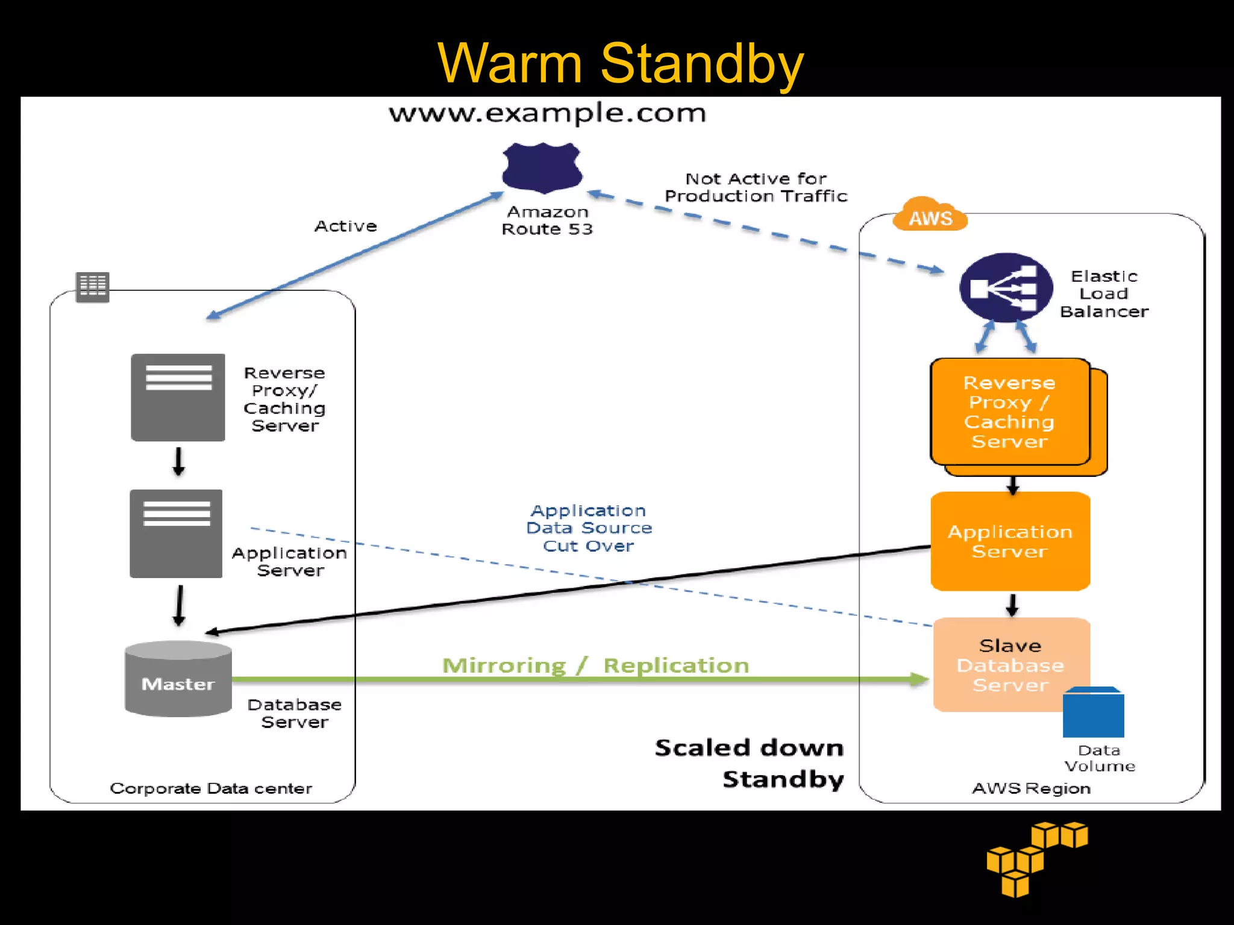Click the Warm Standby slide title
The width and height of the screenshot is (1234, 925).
pos(621,63)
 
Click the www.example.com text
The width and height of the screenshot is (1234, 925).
pos(547,113)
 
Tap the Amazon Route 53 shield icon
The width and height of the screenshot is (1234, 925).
pos(542,168)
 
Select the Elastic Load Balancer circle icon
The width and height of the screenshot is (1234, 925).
pos(1005,288)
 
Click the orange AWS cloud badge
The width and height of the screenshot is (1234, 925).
pos(930,216)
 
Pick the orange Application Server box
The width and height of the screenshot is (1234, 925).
pos(1010,541)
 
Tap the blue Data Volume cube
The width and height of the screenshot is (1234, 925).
pos(1093,713)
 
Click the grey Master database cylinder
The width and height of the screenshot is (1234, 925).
pos(178,679)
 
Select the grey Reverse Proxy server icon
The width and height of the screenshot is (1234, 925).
pos(178,397)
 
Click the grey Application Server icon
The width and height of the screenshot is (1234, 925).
pos(176,534)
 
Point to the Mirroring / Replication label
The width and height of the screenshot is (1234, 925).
pos(595,665)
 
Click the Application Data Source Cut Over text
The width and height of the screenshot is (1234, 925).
pos(589,528)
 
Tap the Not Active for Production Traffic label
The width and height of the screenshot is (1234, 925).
pos(756,187)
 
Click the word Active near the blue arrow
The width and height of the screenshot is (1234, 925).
pos(345,226)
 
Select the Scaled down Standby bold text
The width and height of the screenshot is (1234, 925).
pos(750,763)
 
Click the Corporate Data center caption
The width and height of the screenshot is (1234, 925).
pos(211,788)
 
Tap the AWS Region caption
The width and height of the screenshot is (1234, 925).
pos(1031,788)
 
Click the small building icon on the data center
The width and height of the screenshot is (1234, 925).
pos(92,286)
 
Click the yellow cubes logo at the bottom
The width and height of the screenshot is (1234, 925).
pos(1036,858)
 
